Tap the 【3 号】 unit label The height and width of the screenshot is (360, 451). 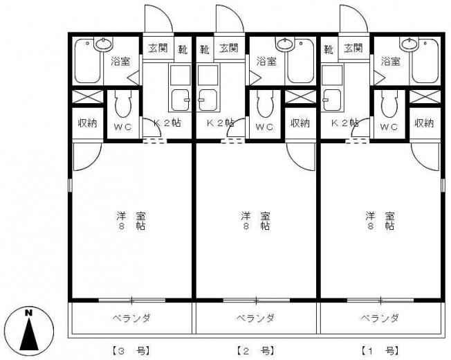[x=130, y=351]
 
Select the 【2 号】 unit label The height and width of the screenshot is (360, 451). [x=255, y=351]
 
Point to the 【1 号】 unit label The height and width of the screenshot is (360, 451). [x=380, y=351]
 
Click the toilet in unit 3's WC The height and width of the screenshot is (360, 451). [x=123, y=104]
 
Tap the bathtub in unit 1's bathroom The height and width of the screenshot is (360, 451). [x=425, y=61]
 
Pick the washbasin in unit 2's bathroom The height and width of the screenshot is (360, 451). [x=284, y=44]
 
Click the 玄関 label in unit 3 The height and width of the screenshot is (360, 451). [x=158, y=48]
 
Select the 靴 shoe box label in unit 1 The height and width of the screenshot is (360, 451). [x=329, y=50]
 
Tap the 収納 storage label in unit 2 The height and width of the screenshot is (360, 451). [x=300, y=123]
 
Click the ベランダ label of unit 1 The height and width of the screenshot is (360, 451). [x=380, y=318]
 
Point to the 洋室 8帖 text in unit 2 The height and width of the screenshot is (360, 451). [x=255, y=221]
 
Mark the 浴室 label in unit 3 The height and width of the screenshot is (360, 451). [x=121, y=62]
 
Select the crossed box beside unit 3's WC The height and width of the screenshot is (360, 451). [x=87, y=97]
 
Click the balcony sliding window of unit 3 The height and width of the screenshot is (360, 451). [x=131, y=300]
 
